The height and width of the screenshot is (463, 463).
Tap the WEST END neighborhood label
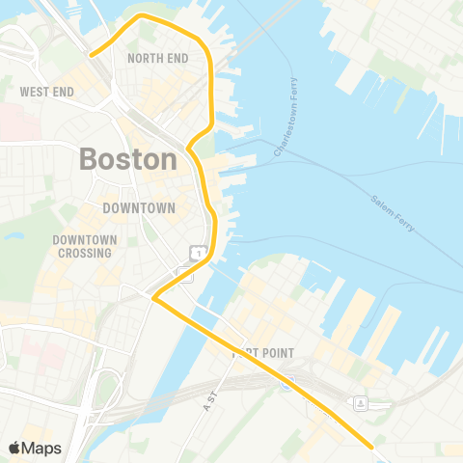(x=46, y=92)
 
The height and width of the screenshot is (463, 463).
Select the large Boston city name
(x=128, y=159)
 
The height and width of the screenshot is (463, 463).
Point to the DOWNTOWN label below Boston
(x=139, y=207)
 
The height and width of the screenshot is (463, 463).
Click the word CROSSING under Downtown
(x=84, y=253)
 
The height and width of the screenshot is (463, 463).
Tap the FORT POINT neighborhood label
(x=262, y=354)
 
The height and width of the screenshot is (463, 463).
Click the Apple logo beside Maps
(x=15, y=448)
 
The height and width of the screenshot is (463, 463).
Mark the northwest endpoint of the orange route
(x=91, y=55)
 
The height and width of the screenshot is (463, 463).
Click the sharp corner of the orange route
(x=154, y=298)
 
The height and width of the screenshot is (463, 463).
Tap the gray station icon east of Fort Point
(x=360, y=401)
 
